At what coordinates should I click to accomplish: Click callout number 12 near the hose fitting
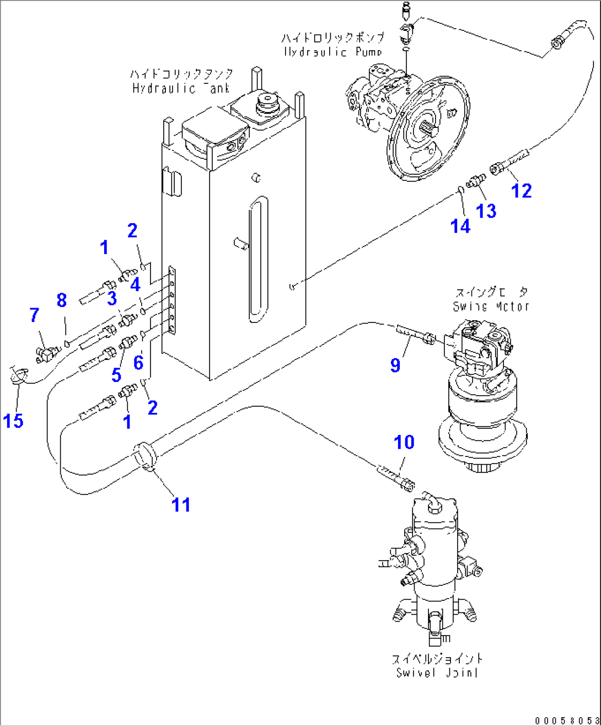[x=521, y=191]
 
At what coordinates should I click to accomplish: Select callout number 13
[x=486, y=211]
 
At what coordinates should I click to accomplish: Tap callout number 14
[x=460, y=226]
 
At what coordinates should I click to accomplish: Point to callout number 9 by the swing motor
[x=395, y=365]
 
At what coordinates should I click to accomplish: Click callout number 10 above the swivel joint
[x=404, y=442]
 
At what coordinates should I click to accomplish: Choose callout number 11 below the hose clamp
[x=181, y=504]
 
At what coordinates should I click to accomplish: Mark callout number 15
[x=13, y=421]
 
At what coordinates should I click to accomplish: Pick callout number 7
[x=34, y=315]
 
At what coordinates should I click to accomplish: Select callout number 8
[x=62, y=300]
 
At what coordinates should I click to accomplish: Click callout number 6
[x=138, y=362]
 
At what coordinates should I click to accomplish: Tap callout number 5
[x=116, y=375]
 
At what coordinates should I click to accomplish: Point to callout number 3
[x=112, y=298]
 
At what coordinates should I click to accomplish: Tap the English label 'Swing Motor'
[x=491, y=306]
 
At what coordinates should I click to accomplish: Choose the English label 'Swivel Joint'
[x=437, y=673]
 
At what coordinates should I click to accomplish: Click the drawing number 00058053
[x=567, y=720]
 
